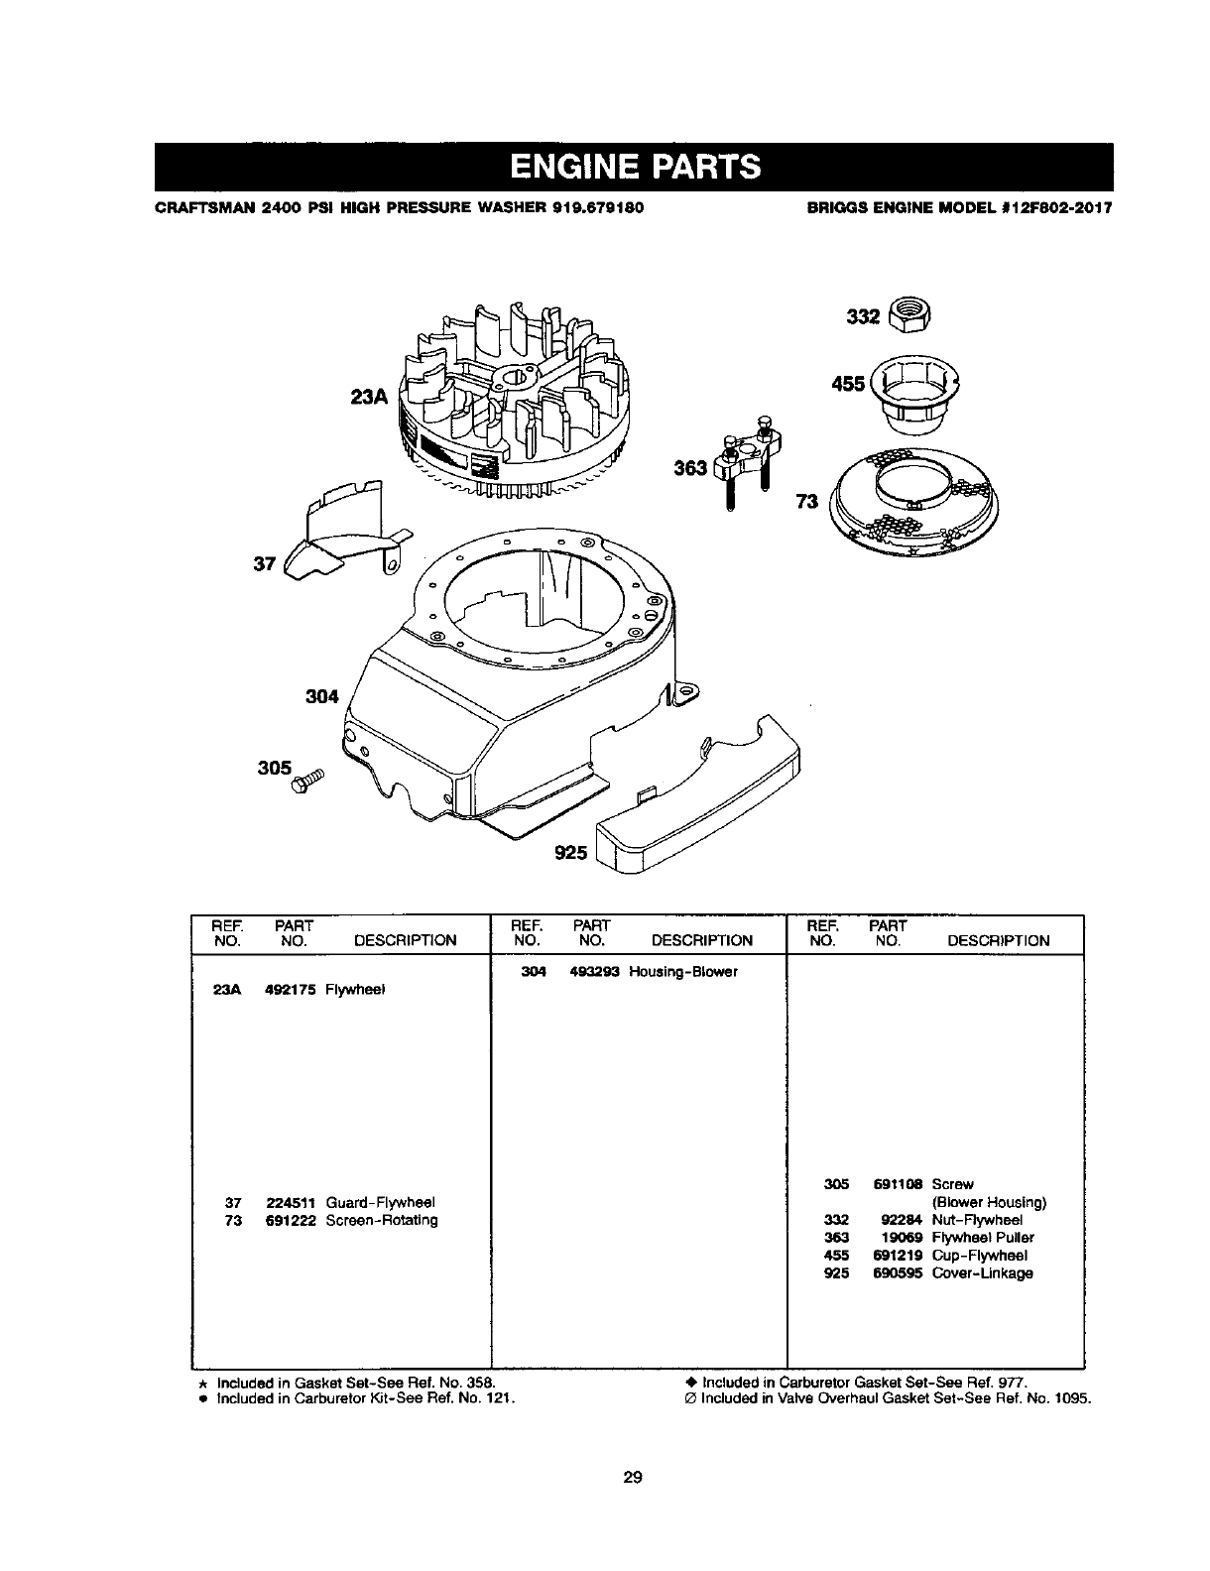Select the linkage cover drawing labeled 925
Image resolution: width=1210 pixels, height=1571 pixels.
point(702,798)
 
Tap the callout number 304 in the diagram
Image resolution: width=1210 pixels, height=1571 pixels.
point(321,696)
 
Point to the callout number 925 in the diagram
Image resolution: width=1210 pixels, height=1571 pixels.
point(572,852)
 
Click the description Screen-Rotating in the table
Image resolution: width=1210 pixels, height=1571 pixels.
point(382,1220)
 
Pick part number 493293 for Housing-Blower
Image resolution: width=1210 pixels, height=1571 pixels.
point(594,972)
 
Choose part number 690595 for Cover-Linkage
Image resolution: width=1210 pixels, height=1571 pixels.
point(898,1273)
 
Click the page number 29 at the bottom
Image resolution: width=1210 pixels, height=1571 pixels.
point(633,1478)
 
